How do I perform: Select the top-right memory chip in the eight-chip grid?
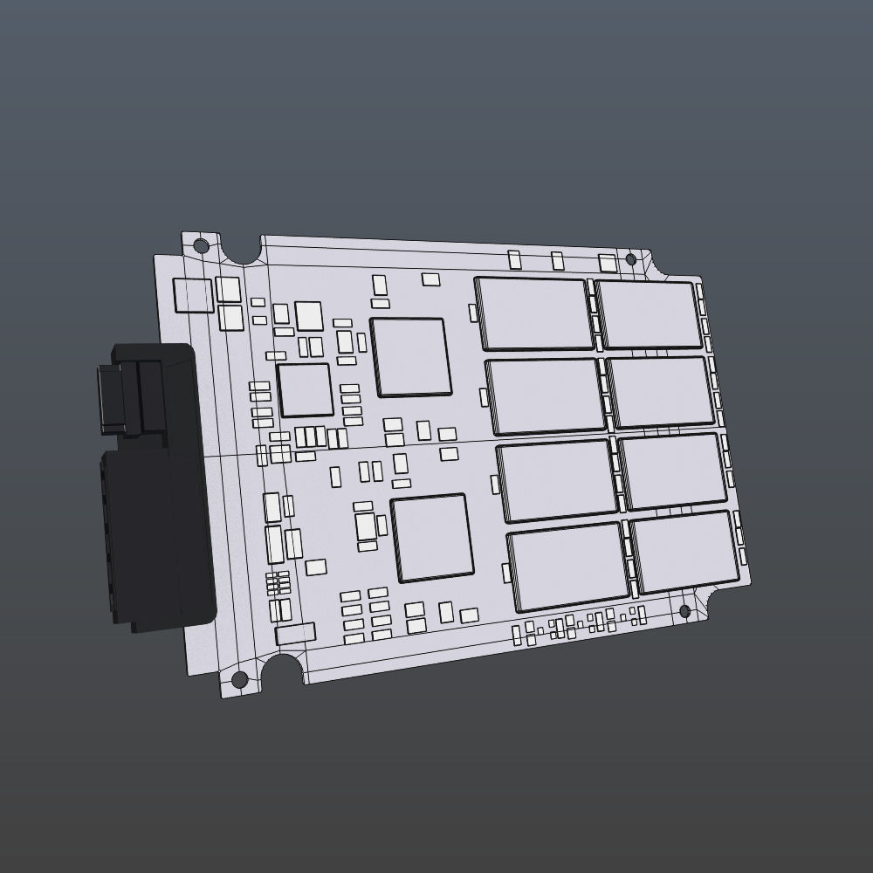649,314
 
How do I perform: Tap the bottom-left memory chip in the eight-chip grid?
568,567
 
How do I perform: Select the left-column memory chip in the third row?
557,479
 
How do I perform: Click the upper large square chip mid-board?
410,356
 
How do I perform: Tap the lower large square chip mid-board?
432,538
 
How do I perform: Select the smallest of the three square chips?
305,389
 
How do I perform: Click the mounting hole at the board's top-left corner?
201,245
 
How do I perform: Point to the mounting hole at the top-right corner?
631,259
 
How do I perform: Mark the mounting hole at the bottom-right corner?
684,610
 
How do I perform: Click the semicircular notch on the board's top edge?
244,249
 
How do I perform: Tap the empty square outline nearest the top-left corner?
193,295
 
